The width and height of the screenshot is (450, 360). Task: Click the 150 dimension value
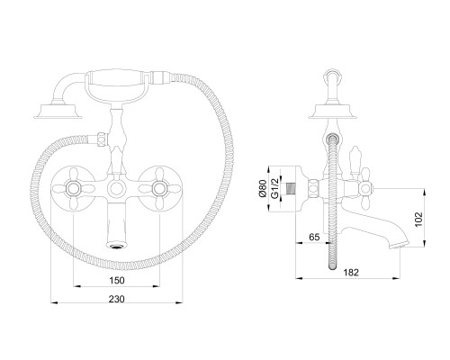[x=117, y=280]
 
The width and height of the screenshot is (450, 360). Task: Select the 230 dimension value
[x=117, y=299]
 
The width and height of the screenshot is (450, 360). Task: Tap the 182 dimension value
[x=351, y=273]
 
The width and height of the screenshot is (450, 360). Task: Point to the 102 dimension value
[x=419, y=220]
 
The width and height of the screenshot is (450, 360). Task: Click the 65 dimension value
[x=314, y=237]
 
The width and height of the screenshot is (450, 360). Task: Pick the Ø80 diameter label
[x=262, y=189]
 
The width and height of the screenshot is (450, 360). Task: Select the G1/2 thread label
[x=274, y=188]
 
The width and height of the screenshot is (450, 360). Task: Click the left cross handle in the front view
[x=73, y=188]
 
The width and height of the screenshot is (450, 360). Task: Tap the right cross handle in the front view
[x=159, y=188]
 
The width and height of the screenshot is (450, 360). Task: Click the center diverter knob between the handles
[x=116, y=189]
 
